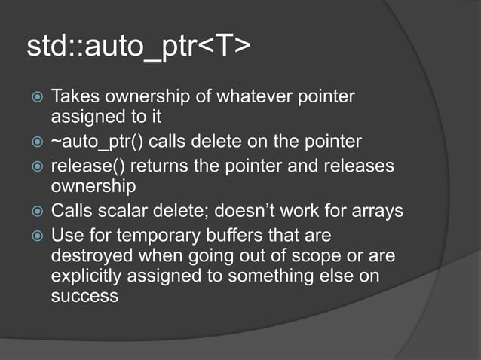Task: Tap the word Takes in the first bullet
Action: point(75,97)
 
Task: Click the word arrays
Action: point(376,210)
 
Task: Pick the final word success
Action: point(84,295)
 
